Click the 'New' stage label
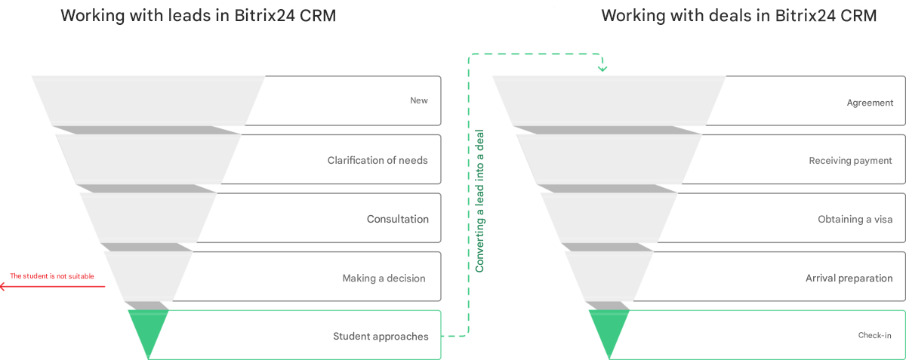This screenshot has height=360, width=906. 419,100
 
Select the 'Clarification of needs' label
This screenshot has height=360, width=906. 377,160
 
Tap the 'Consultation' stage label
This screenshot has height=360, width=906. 398,219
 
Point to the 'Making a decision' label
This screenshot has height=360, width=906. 384,278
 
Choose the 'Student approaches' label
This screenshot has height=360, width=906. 381,336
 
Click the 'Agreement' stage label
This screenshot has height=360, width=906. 870,103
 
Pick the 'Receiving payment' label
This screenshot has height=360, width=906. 850,161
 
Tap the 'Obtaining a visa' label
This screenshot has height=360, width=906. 855,219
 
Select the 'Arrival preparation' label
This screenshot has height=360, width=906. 849,278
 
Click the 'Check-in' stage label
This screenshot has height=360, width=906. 876,336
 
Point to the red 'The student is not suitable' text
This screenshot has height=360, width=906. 52,276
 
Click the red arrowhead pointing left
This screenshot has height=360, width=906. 3,286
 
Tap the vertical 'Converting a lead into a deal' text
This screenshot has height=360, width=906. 479,201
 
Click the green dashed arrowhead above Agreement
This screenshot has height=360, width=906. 602,69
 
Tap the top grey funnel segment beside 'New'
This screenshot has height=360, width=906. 148,100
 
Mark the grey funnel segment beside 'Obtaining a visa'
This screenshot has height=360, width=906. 609,218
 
